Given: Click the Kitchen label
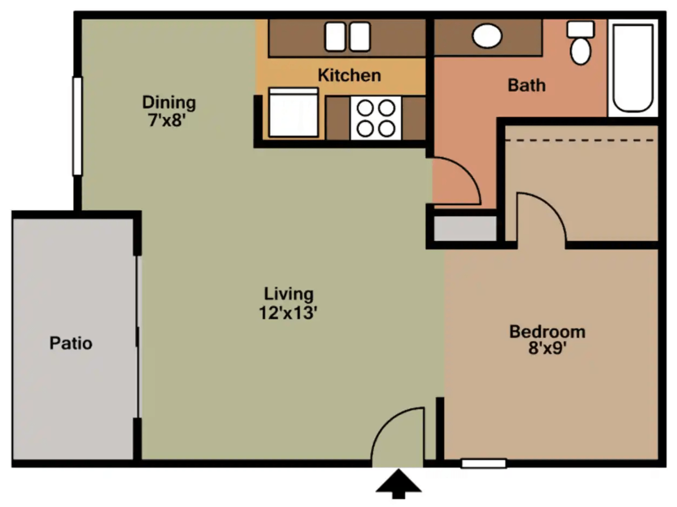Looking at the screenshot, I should pyautogui.click(x=349, y=76).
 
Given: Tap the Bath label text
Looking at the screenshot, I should pyautogui.click(x=526, y=85).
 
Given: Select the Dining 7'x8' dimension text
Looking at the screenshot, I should pyautogui.click(x=166, y=121).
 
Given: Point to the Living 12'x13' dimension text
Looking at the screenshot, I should pyautogui.click(x=288, y=313).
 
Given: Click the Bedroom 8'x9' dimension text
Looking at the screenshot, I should pyautogui.click(x=547, y=349).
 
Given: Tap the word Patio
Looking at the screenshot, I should pyautogui.click(x=71, y=343).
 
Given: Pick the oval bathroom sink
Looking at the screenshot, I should pyautogui.click(x=487, y=36).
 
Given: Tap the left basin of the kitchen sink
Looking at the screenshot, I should pyautogui.click(x=335, y=37).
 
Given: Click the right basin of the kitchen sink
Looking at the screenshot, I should pyautogui.click(x=360, y=37).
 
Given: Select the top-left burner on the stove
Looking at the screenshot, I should pyautogui.click(x=365, y=108).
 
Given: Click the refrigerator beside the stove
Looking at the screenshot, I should pyautogui.click(x=293, y=113).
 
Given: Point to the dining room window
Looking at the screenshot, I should pyautogui.click(x=77, y=126).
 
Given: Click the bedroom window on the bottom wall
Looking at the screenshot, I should pyautogui.click(x=484, y=463).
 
